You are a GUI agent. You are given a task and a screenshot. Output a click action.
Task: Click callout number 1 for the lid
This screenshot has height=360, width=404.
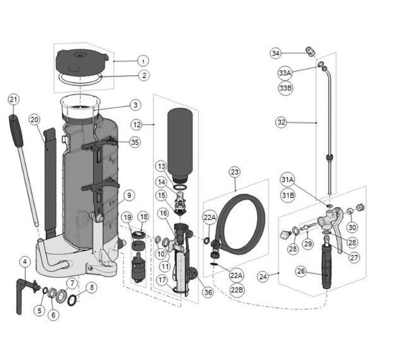click(x=143, y=61)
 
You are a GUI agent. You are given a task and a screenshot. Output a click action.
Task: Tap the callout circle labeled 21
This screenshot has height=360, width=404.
click(x=14, y=99)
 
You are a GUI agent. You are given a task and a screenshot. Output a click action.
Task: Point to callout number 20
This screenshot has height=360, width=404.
click(x=34, y=120)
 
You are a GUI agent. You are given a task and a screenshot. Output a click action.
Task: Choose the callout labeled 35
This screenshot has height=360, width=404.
click(x=135, y=142)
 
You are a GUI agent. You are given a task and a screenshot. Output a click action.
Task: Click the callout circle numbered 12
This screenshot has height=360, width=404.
click(x=137, y=125)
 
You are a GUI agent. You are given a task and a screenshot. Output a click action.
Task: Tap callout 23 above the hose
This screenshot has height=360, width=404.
click(x=235, y=172)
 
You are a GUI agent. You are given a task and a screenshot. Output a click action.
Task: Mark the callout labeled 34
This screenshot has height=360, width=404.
click(x=276, y=53)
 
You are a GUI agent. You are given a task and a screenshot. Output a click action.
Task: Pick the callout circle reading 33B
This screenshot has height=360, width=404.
click(x=285, y=88)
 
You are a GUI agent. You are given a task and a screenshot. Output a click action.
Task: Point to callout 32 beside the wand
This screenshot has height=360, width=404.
click(x=281, y=122)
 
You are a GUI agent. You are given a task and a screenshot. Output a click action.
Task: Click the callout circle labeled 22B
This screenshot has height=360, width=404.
click(x=237, y=290)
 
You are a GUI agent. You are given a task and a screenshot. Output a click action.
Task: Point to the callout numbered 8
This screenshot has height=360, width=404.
click(x=91, y=287)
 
